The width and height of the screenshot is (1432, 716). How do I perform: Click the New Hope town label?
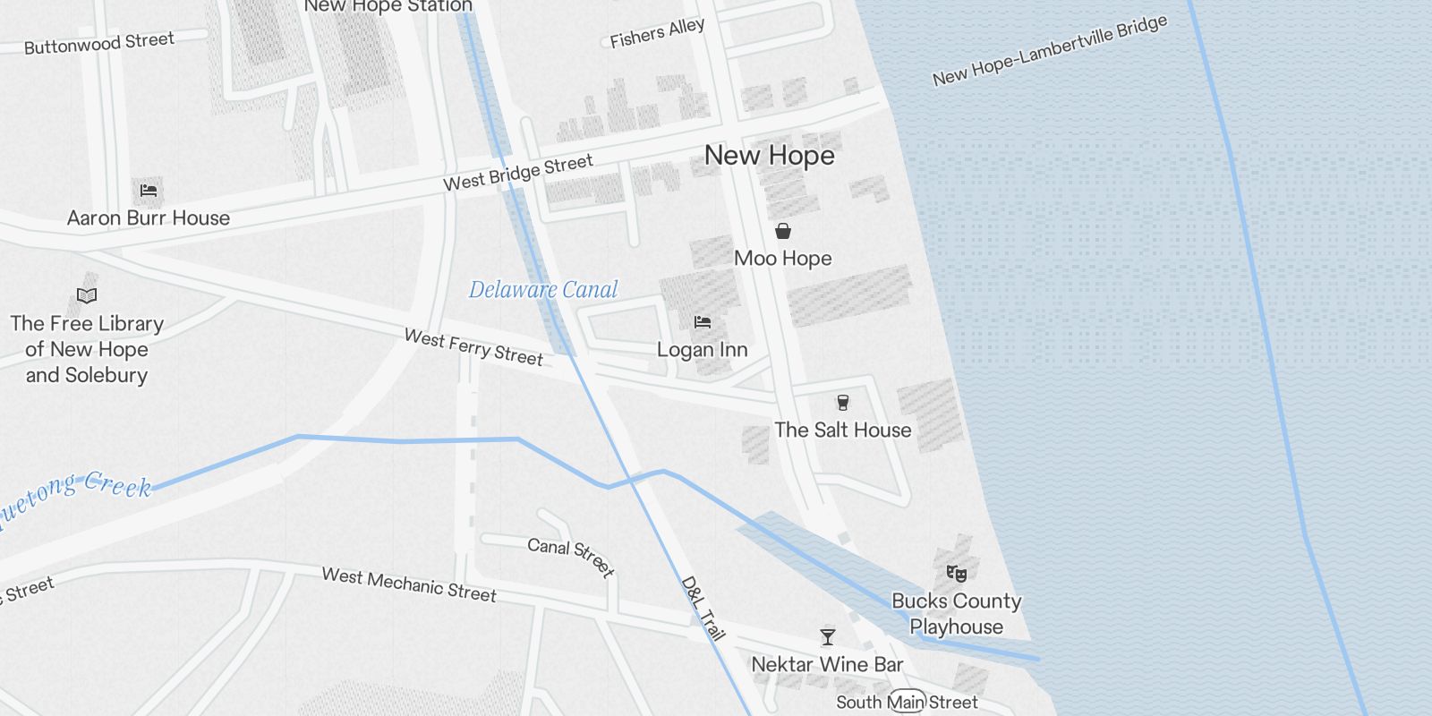coord(769,156)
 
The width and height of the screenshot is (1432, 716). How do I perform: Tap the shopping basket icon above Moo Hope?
coord(783,231)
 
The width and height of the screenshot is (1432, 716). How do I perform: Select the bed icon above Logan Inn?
coord(703,322)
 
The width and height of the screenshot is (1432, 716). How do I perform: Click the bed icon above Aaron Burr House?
coord(149,191)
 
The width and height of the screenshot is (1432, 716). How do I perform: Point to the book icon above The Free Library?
coord(87,295)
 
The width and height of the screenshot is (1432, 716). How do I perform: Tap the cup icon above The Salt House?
coord(842,403)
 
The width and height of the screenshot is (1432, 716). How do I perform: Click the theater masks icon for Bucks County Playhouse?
coord(956,573)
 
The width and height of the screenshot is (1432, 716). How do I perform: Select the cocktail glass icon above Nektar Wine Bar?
coord(828,637)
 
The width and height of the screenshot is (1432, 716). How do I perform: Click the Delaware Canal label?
coord(543,290)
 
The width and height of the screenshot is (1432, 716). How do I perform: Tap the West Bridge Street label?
coord(517,172)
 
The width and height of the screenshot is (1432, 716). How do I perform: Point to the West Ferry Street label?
coord(473,348)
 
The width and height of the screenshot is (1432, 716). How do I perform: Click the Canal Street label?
coord(570,557)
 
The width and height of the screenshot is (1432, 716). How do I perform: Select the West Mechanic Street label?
coord(409,585)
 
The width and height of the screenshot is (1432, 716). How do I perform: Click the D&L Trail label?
coord(703,609)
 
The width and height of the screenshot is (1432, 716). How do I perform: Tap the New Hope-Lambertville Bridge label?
coord(1049,51)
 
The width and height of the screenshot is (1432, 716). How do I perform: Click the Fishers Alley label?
coord(657,33)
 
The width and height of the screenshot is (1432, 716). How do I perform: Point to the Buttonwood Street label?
coord(98,43)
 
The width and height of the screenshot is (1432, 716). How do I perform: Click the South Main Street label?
coord(907,703)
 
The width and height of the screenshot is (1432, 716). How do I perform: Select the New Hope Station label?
coord(388,6)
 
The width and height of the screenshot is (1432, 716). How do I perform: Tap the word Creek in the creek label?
coord(118,486)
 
